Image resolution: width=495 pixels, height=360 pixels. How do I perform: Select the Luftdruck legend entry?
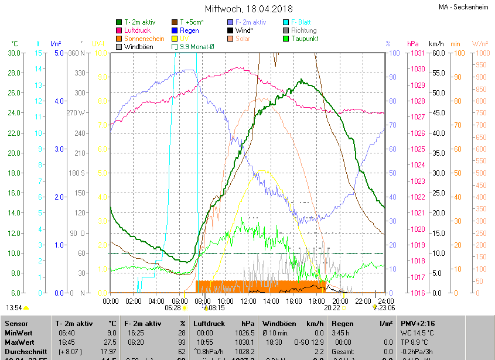click(x=137, y=30)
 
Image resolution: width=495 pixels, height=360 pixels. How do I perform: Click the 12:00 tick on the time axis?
click(x=248, y=301)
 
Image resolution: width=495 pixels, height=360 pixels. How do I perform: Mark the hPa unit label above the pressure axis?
click(x=413, y=44)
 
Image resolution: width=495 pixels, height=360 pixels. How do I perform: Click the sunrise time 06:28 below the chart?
click(x=173, y=307)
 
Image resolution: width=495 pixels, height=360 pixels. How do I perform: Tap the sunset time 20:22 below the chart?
click(x=332, y=307)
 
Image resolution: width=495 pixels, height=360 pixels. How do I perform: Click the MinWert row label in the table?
click(x=19, y=332)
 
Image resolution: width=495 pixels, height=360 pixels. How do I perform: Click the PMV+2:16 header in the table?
click(x=417, y=323)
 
